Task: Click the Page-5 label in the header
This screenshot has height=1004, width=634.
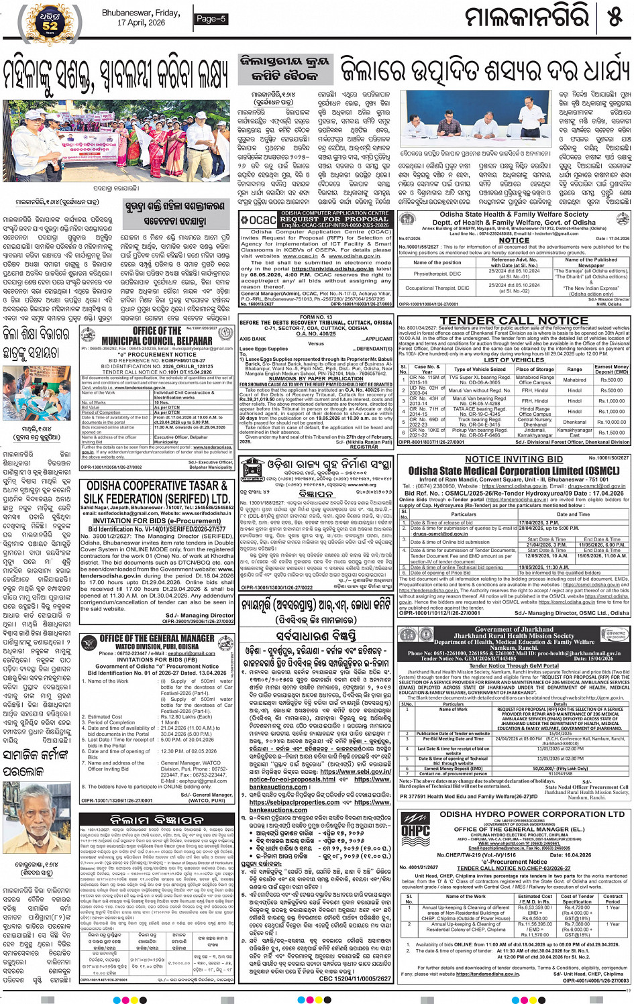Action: pos(211,19)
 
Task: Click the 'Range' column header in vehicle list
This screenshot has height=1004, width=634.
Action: pos(574,369)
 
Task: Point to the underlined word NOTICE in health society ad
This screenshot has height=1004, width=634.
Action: pos(514,240)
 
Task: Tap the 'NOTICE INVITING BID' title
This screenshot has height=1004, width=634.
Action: pos(515,459)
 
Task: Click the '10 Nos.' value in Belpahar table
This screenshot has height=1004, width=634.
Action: pos(162,402)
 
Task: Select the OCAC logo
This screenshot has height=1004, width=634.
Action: pos(258,219)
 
